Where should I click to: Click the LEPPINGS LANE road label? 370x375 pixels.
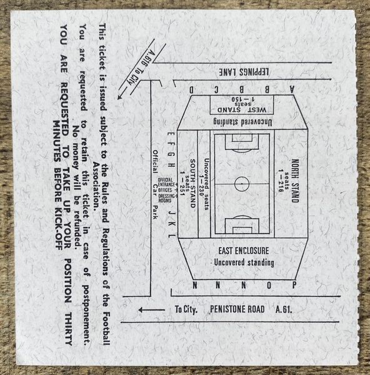click(244, 72)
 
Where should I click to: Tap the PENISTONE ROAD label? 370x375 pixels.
click(237, 309)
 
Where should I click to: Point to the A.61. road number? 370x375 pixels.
click(284, 309)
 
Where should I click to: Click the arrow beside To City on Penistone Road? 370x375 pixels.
click(152, 310)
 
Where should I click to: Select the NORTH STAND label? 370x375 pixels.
click(295, 181)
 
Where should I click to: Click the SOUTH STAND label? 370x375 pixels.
click(192, 183)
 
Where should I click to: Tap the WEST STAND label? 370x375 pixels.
click(242, 110)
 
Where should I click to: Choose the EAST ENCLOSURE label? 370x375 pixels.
click(244, 251)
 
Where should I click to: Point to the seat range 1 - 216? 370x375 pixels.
click(281, 181)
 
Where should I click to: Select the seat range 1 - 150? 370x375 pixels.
click(242, 99)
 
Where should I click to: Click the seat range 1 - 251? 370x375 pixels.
click(182, 184)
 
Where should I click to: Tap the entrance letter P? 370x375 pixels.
click(294, 285)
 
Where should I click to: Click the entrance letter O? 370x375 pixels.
click(269, 286)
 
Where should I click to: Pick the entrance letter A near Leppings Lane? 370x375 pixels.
click(291, 89)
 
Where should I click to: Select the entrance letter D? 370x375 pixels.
click(192, 90)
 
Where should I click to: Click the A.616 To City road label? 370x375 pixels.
click(139, 67)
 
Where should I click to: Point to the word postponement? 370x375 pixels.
click(87, 314)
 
